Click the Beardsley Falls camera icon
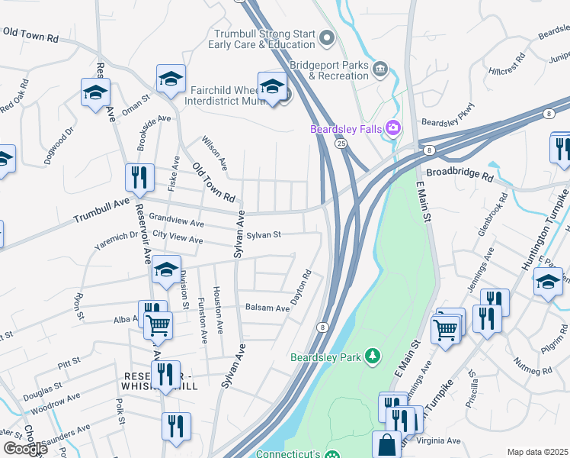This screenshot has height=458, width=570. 393,127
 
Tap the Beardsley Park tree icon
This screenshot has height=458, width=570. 372,355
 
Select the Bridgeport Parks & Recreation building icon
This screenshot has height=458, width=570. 379,69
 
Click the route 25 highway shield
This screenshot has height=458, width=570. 341,143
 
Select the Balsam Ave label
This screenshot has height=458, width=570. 267,308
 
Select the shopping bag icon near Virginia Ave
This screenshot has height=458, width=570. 386,443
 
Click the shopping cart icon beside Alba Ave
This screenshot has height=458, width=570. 159,324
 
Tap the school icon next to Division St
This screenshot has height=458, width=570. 165,269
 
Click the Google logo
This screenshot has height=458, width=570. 25,448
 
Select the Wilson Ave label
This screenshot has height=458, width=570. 214,153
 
